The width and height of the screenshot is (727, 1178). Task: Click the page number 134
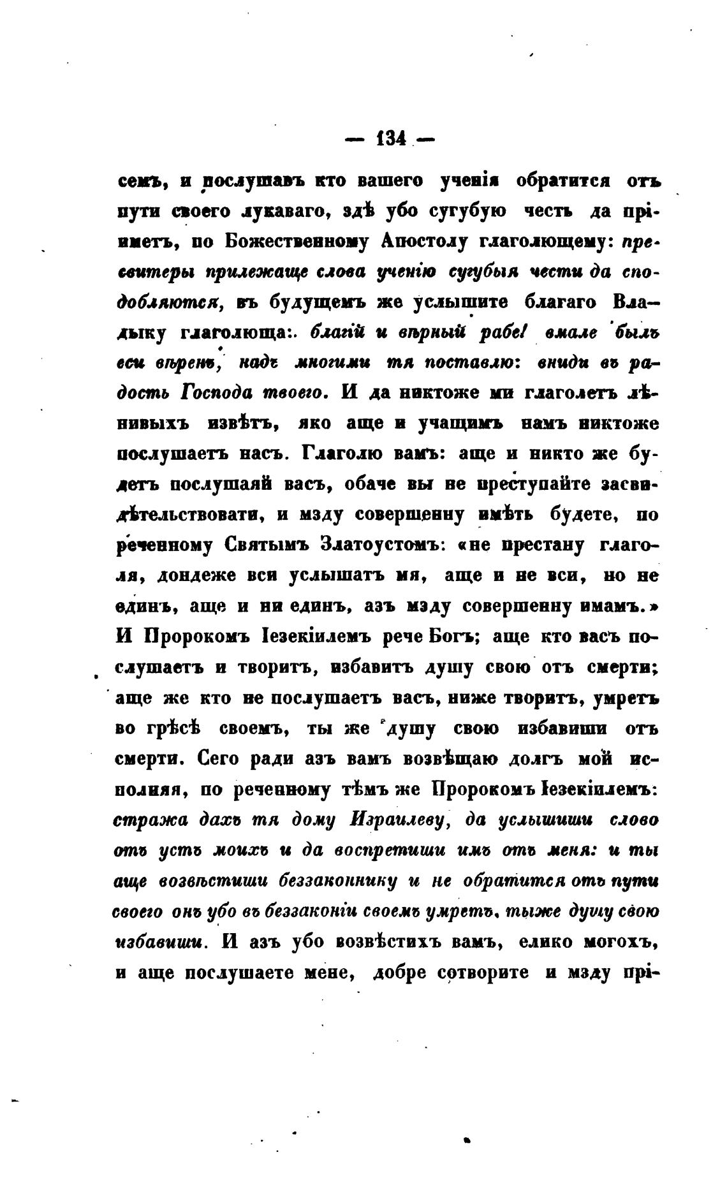coord(391,139)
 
